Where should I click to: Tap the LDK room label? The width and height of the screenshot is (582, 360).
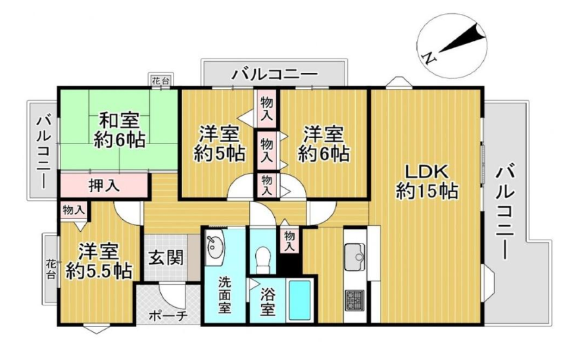(427, 182)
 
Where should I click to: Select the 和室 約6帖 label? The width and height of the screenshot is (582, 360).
(120, 131)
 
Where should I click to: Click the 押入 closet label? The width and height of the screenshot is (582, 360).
(105, 185)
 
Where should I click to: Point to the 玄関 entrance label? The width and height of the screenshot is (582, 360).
(166, 257)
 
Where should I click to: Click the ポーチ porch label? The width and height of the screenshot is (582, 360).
(168, 316)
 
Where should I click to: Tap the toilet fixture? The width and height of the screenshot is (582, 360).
(264, 257)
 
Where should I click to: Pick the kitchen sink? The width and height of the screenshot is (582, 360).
(354, 257)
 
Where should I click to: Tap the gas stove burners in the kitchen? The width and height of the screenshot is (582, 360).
(354, 300)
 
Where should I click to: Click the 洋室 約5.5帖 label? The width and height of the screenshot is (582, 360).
(99, 261)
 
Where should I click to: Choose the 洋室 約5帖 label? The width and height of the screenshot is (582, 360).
(219, 143)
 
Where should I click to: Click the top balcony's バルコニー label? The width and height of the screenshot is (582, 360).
(275, 74)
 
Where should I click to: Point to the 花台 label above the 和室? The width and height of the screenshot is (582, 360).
(160, 80)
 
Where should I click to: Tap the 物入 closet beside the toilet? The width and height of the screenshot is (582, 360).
(289, 240)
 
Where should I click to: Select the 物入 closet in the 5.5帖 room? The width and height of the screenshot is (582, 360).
(74, 211)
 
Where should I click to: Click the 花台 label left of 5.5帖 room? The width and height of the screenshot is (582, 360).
(51, 269)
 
